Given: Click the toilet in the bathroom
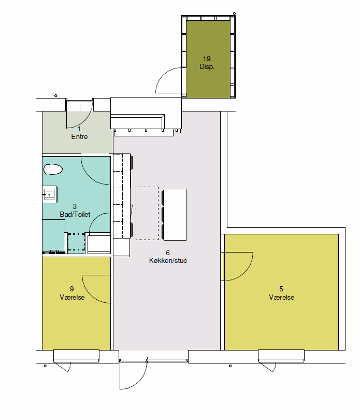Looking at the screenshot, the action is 53,169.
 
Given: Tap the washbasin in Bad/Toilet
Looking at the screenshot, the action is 49,194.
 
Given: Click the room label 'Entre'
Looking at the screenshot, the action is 79,136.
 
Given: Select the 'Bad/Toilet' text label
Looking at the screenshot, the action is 75,214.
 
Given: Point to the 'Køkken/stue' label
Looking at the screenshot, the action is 168,260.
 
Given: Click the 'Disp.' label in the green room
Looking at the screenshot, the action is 207,67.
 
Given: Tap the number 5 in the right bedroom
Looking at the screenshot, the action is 281,289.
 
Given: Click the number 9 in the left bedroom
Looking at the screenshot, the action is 71,289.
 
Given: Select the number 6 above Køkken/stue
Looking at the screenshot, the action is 168,253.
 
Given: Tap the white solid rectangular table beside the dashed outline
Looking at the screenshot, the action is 175,215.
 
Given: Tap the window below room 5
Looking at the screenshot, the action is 281,356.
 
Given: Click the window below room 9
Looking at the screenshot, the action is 76,356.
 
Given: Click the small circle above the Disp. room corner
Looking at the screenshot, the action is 235,13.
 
